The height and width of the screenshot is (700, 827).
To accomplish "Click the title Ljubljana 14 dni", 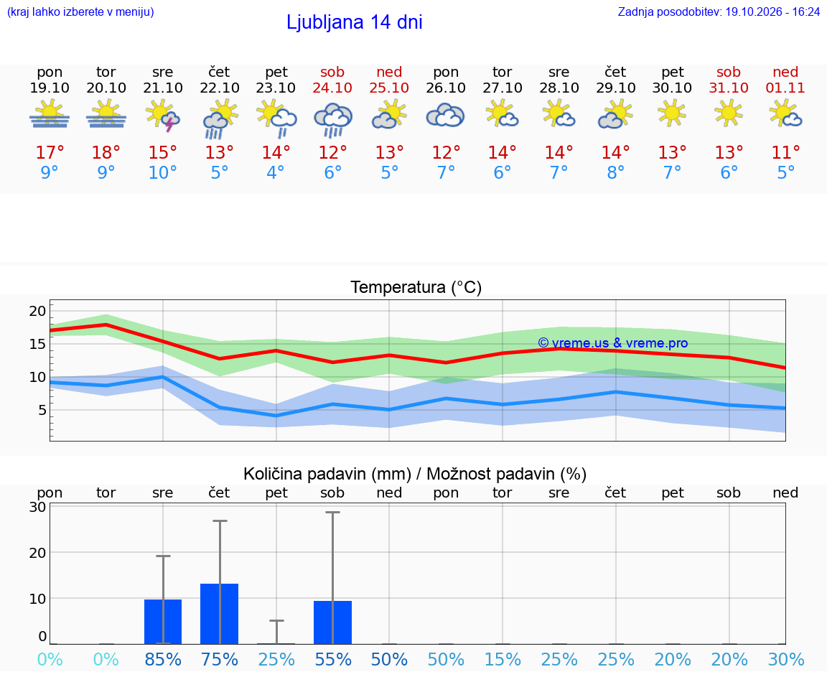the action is coord(355,22).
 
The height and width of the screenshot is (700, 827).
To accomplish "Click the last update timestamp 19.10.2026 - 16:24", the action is coord(772,11).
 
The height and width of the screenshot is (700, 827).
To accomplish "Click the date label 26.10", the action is coord(446,88).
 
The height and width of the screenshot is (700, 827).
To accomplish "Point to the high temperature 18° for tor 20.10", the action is coord(106,152).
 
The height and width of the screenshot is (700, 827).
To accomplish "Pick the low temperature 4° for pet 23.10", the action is coord(276,172).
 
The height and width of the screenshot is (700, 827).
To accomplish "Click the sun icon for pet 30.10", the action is coord(672,113).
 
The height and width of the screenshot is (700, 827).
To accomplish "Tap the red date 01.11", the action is coord(785,88).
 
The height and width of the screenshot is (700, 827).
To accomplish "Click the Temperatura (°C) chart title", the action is coord(416,287).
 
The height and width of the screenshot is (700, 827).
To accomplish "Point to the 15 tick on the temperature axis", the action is coord(37,344).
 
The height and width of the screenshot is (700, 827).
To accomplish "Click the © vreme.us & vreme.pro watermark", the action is coord(613,343).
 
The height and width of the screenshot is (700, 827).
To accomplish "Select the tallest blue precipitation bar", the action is coord(220,614).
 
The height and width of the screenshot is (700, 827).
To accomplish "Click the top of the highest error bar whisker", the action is coord(333,512).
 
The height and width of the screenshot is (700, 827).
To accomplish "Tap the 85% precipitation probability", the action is coord(163,659).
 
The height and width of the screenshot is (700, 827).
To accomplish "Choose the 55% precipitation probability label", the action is coord(333,659).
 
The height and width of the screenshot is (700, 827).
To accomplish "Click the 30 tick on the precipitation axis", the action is coord(37,507).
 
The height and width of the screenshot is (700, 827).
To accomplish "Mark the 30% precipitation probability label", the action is coord(786,659).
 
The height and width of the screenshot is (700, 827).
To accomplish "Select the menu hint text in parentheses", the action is coord(80,11).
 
